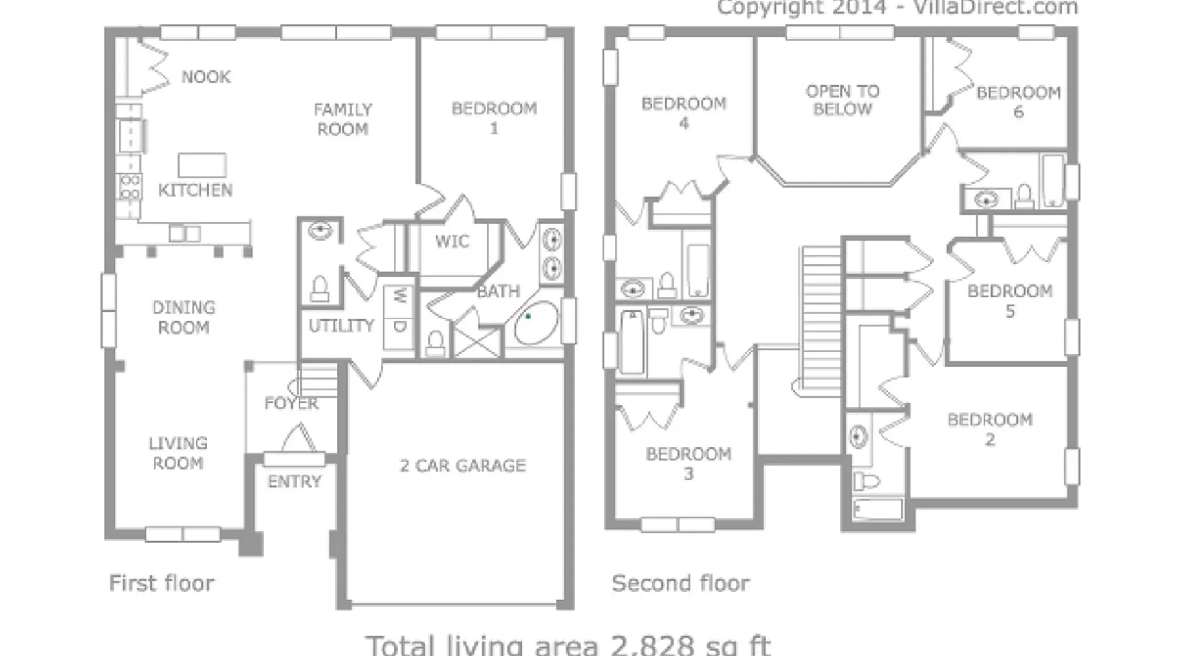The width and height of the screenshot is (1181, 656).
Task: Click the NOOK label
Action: click(206, 77)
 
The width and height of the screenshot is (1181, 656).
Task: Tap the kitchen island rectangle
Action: click(202, 165)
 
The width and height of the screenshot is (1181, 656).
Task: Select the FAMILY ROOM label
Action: click(342, 119)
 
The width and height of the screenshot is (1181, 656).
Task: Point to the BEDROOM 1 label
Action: click(494, 118)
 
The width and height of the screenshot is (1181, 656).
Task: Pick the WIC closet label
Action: click(452, 241)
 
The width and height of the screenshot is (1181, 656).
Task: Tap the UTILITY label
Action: click(341, 325)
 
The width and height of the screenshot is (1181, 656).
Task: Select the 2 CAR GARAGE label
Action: click(463, 466)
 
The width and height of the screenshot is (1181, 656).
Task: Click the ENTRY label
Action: click(295, 482)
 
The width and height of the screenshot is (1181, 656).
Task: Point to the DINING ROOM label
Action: click(184, 318)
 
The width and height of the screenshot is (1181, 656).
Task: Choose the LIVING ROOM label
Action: click(178, 453)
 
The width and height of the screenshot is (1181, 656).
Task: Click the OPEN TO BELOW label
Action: click(842, 100)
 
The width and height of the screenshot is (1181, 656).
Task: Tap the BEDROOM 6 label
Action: click(1018, 102)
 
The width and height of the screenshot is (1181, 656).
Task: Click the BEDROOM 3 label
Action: click(688, 464)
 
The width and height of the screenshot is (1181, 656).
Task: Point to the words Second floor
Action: click(680, 583)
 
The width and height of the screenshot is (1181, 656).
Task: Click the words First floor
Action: click(161, 583)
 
